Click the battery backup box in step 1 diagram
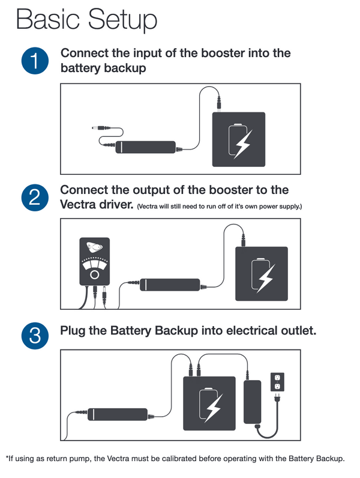239,139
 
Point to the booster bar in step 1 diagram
146,147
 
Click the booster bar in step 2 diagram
170,283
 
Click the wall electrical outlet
277,381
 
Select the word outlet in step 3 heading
296,330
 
